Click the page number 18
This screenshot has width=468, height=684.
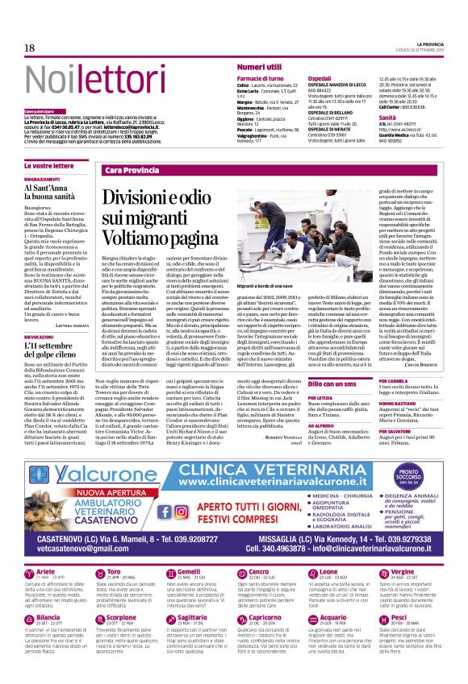coord(29,48)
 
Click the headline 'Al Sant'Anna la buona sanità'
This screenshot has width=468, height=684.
coord(52,191)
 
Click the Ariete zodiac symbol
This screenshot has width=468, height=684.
coord(31,552)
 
